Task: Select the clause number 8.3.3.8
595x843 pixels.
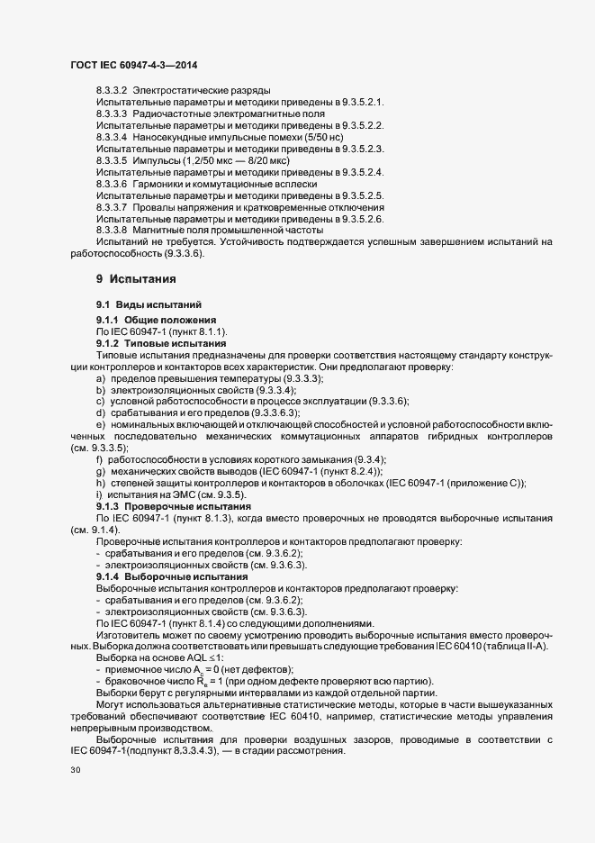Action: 111,230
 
